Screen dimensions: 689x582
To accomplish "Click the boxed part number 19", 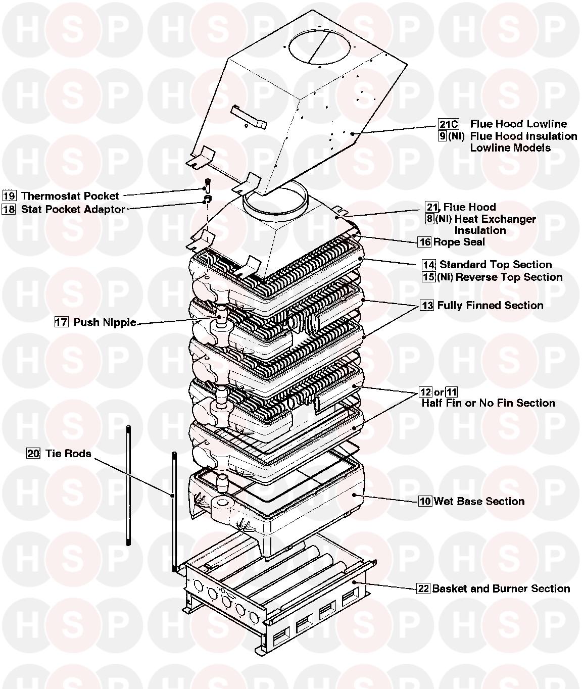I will (9, 196).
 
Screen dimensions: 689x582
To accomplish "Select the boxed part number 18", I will (9, 209).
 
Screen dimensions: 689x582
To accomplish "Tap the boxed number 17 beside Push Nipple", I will (61, 322).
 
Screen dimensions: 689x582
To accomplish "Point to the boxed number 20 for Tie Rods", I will (33, 454).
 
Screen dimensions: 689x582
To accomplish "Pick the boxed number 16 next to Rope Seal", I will (425, 242).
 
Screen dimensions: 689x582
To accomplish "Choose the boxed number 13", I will (427, 306).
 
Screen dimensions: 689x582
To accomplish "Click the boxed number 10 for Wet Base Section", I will (425, 501).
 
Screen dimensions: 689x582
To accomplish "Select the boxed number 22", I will (423, 588).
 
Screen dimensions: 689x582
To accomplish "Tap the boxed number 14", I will (429, 265).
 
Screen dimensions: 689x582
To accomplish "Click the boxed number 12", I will (426, 392).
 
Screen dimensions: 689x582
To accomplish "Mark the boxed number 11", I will (452, 392).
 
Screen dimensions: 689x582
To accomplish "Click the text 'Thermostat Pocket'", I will (70, 196).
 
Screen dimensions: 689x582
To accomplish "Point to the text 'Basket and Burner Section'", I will (501, 588).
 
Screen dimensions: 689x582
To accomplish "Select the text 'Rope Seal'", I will (459, 242).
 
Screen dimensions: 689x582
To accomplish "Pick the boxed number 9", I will (443, 136).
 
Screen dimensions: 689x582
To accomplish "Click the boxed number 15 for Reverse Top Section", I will (429, 277).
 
